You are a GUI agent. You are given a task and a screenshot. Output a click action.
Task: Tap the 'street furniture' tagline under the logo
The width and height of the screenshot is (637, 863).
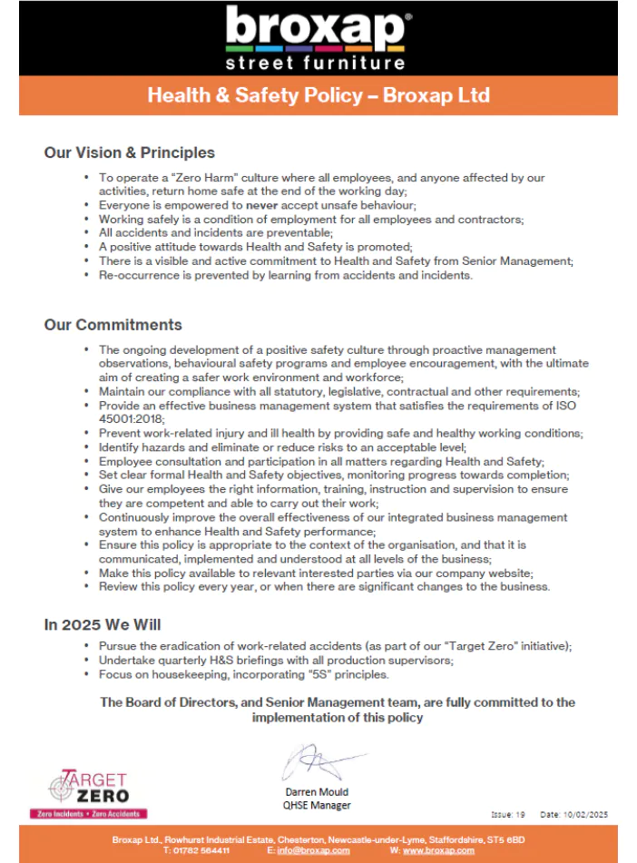[x=316, y=64]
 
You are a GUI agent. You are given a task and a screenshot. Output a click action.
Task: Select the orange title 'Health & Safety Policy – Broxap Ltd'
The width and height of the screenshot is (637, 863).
[x=318, y=95]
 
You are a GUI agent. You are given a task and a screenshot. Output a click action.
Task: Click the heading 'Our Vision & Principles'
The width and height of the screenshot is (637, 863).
[x=130, y=152]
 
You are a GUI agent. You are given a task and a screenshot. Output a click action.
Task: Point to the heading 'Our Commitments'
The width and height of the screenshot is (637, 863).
[x=113, y=325]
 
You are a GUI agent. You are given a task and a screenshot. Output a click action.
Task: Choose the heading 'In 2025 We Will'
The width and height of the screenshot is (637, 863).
[x=103, y=624]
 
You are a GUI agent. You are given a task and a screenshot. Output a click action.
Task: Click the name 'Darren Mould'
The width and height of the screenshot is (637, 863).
[x=317, y=792]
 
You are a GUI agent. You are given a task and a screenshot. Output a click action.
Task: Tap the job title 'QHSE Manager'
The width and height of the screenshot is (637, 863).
[x=317, y=805]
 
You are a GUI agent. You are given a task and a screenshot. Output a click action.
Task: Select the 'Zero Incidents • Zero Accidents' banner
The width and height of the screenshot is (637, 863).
[x=89, y=815]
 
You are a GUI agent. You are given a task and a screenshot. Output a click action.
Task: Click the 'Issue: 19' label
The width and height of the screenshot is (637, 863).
[x=509, y=815]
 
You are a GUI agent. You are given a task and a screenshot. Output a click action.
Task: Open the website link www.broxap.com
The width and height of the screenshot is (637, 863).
[x=439, y=850]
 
